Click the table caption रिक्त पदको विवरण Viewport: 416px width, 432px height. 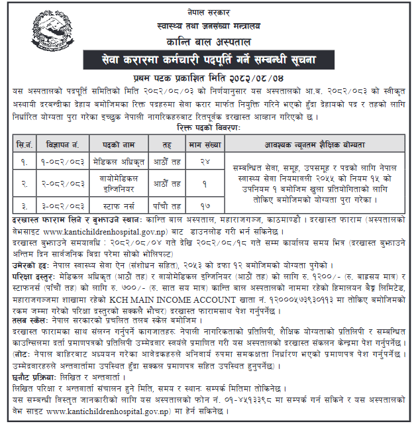click(208, 127)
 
